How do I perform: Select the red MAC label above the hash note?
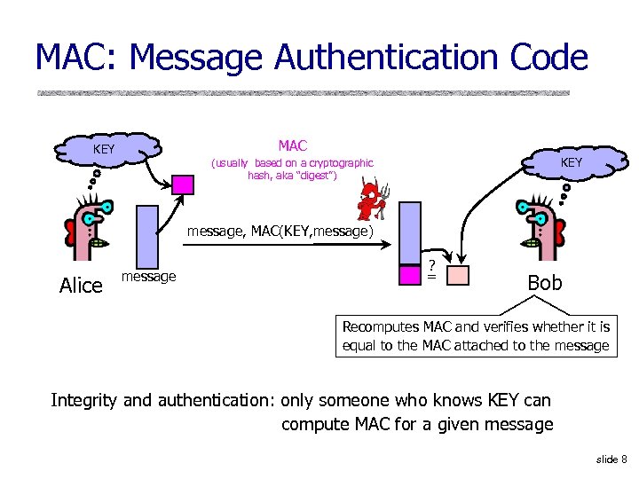tap(292, 145)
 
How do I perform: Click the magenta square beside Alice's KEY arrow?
tap(183, 185)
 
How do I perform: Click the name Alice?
tap(81, 285)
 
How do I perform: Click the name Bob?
tap(544, 282)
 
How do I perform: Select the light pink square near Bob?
tap(457, 275)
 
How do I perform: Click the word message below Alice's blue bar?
tap(148, 277)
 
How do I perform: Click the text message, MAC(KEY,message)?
tap(280, 232)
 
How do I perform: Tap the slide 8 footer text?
tap(611, 459)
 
